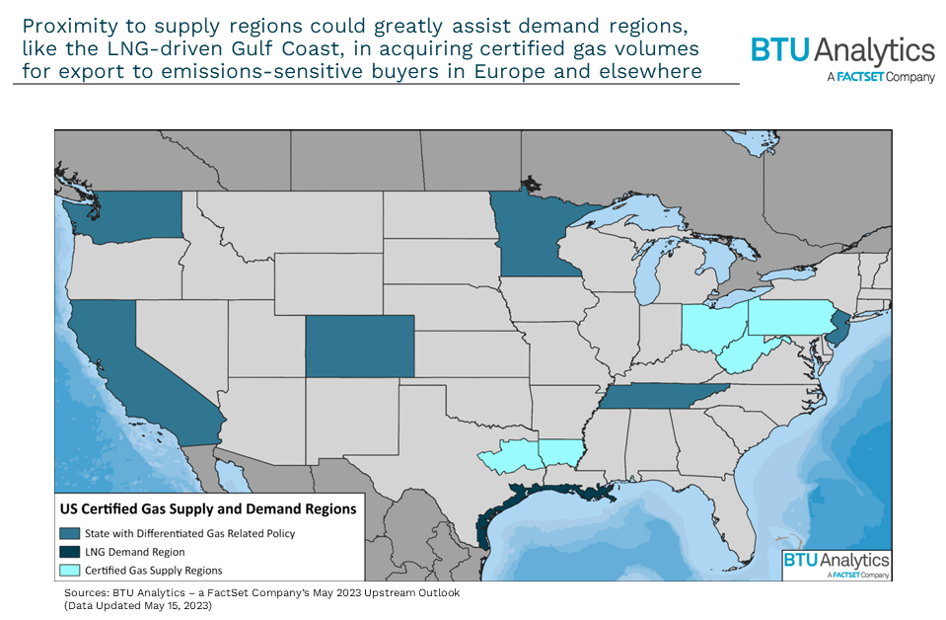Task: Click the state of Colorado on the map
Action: (x=359, y=347)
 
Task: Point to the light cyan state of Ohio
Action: (x=706, y=330)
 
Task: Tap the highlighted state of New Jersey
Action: (x=838, y=327)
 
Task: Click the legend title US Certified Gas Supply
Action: (x=208, y=509)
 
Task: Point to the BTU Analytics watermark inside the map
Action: (x=837, y=564)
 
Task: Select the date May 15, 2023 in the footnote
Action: (x=174, y=604)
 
